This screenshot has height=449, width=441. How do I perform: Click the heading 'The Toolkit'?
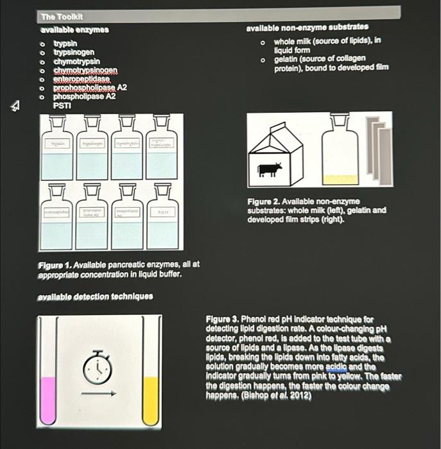coord(62,17)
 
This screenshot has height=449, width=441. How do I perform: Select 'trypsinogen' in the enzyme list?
coord(74,52)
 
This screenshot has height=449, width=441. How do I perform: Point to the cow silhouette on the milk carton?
coord(269,170)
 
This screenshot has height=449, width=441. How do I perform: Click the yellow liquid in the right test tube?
coord(151,401)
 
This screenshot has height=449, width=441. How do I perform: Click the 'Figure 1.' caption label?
coord(54,264)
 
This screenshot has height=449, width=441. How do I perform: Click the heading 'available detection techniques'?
coord(95,296)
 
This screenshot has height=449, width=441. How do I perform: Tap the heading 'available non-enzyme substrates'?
coord(307,28)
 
